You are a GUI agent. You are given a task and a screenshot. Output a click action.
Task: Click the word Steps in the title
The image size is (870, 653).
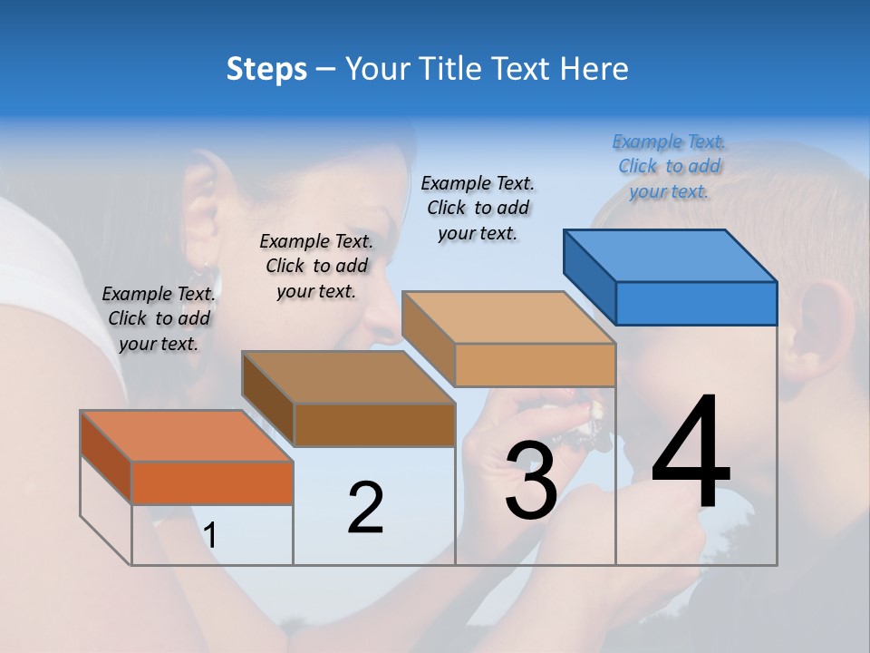(266, 69)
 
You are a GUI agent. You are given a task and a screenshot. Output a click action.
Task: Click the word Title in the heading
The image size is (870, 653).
(450, 69)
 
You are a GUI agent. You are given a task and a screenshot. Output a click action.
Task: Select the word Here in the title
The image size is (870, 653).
(594, 69)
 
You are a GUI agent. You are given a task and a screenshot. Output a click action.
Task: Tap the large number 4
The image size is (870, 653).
(691, 453)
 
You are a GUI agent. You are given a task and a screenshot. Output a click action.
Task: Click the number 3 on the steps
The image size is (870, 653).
(530, 481)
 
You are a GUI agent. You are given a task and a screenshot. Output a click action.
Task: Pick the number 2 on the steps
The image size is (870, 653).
(365, 507)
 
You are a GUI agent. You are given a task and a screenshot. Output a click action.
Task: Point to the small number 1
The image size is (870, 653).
(209, 535)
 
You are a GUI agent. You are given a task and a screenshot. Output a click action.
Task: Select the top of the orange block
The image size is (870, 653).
(187, 436)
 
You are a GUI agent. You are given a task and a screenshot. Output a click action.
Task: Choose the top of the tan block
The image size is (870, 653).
(508, 317)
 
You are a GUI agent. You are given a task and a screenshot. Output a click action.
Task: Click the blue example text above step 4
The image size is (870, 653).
(669, 166)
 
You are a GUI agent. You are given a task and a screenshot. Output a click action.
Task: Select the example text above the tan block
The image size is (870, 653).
(478, 208)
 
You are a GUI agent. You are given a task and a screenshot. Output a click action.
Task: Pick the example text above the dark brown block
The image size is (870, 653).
(316, 266)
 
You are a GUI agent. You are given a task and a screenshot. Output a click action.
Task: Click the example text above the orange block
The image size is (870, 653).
(159, 318)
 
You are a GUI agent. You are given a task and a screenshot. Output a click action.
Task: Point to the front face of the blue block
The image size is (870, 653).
(696, 303)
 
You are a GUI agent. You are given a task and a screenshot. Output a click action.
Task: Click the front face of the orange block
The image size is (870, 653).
(212, 482)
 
